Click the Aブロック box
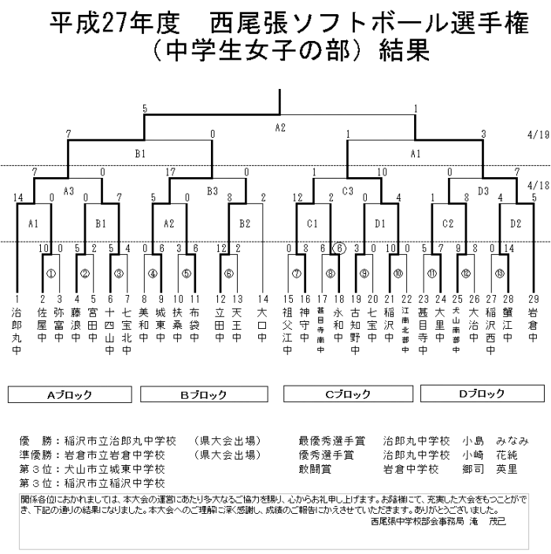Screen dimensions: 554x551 [x=70, y=394]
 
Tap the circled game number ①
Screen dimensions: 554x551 [x=50, y=275]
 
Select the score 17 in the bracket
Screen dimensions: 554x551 [x=170, y=171]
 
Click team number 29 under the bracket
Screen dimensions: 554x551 [x=534, y=300]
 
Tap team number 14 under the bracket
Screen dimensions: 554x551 [x=263, y=300]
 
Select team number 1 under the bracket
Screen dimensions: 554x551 [x=17, y=300]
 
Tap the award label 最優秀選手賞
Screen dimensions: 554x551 [x=327, y=441]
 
